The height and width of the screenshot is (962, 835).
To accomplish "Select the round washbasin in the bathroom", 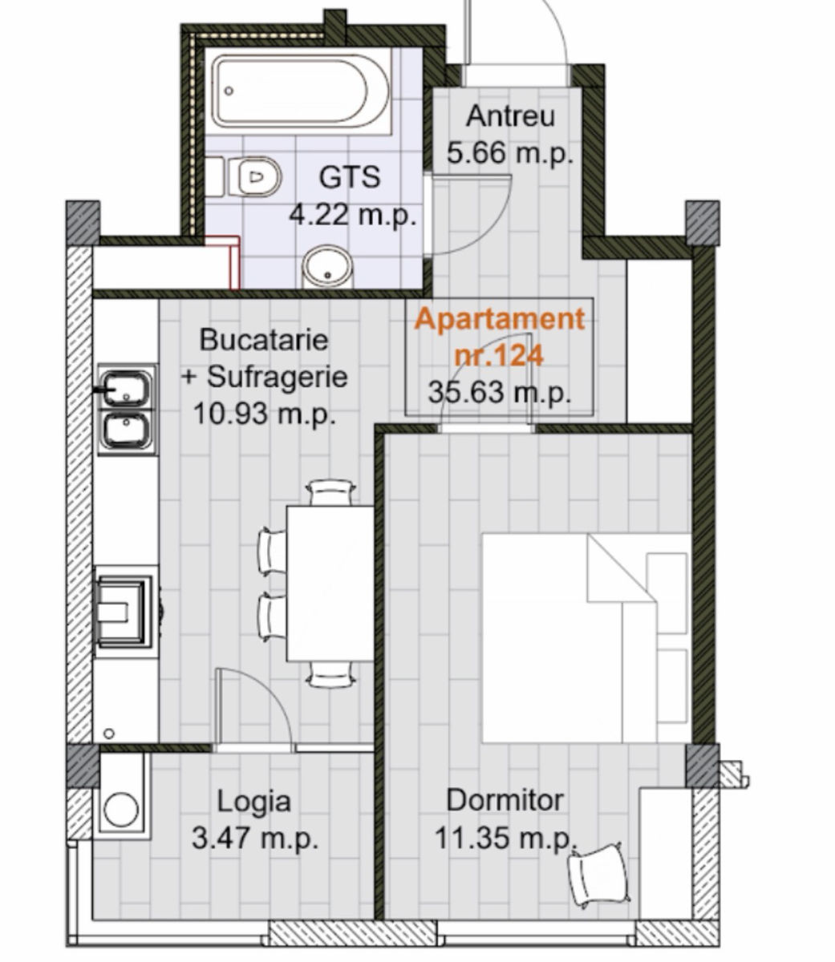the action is (327, 267).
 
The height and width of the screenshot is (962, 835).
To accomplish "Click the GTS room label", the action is (350, 177).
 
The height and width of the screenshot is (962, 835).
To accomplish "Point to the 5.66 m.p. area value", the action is (510, 153).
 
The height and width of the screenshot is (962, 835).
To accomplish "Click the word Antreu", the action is (510, 115).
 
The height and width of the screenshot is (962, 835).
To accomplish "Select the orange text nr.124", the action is (499, 355).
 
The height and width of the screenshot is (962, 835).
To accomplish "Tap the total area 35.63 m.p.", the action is (500, 392).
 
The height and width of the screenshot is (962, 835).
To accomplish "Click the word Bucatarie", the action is (264, 339).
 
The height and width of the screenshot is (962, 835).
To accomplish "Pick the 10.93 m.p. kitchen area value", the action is (265, 414).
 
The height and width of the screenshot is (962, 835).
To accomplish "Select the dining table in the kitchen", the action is (330, 584).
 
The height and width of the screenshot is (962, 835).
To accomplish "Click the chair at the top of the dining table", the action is (330, 492).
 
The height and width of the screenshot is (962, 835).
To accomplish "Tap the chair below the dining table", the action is (330, 675).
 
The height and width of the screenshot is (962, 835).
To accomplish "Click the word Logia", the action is (253, 802).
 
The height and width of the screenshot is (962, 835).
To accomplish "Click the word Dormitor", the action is (505, 800).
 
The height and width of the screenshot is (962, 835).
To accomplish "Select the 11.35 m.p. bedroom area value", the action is (505, 838).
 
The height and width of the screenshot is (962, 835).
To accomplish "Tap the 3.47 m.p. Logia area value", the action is (255, 838).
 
